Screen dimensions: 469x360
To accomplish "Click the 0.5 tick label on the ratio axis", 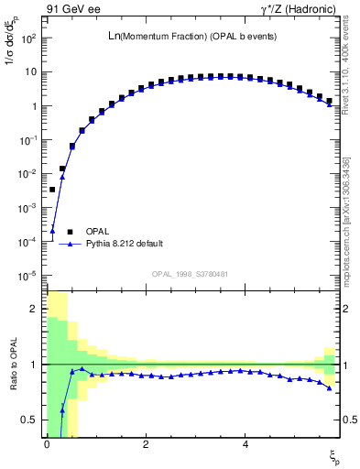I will (x=30, y=420).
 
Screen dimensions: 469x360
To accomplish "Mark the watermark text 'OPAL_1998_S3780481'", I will (x=191, y=273).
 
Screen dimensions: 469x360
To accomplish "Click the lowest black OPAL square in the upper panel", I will (x=52, y=190).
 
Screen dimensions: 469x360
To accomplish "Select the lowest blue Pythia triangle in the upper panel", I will (x=52, y=230).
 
